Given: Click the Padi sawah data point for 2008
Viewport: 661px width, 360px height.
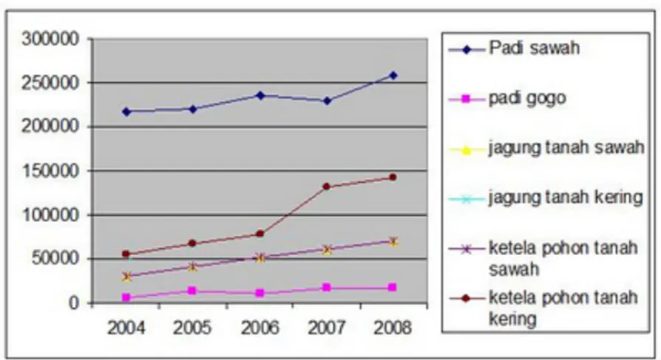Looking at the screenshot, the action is [x=393, y=75].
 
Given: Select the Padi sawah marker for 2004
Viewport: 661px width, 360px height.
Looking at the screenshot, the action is [x=126, y=112].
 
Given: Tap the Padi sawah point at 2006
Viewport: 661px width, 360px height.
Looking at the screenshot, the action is [x=260, y=95].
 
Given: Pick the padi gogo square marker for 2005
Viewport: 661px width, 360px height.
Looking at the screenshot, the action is [x=192, y=291].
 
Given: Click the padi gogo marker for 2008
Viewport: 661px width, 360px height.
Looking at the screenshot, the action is [x=393, y=288].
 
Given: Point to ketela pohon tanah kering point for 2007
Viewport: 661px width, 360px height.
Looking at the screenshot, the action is [x=326, y=186].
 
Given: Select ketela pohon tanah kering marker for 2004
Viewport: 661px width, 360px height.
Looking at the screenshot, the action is [x=126, y=254].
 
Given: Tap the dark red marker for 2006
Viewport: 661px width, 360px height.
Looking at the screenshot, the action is [x=260, y=234].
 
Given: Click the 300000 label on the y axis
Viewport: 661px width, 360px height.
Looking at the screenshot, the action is [x=50, y=39].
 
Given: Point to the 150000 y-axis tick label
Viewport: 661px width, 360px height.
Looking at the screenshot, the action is [x=50, y=171].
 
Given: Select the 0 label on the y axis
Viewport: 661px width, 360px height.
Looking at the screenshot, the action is [x=74, y=302].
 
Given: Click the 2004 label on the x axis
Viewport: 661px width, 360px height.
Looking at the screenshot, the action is [x=126, y=327].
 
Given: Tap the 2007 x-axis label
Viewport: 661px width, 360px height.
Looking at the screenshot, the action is [x=326, y=327].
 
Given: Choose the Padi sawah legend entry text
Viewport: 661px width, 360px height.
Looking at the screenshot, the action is [x=534, y=48].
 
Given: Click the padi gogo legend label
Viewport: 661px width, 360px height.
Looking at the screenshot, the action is [x=527, y=98].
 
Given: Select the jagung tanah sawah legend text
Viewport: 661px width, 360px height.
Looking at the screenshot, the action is [x=566, y=148].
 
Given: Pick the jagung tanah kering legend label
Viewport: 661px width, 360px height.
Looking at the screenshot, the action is [x=566, y=197].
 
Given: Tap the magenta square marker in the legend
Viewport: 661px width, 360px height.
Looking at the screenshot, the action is [x=466, y=99].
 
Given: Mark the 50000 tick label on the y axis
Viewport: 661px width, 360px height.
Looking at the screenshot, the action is [x=55, y=259].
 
